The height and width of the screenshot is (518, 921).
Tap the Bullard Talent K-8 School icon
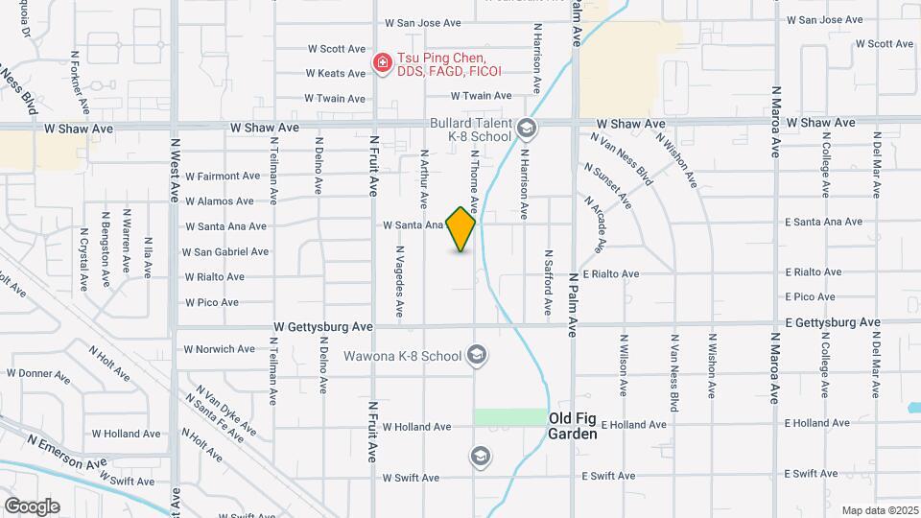coord(526,128)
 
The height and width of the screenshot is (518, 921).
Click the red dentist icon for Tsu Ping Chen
coord(382,64)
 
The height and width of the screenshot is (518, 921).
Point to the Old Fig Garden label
coord(573,426)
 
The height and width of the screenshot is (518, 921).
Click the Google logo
coord(32,506)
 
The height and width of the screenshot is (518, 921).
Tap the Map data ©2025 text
coord(880,510)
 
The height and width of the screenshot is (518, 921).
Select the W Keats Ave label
coord(336,73)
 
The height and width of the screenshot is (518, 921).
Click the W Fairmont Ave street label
coord(223,177)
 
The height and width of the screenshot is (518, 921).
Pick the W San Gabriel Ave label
coord(225,252)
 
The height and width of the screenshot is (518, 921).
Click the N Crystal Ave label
coord(84,258)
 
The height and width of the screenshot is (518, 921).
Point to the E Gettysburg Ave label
coord(831,323)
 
